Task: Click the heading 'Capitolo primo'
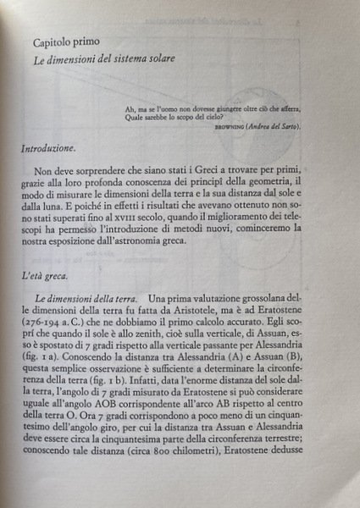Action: [x=68, y=41]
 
